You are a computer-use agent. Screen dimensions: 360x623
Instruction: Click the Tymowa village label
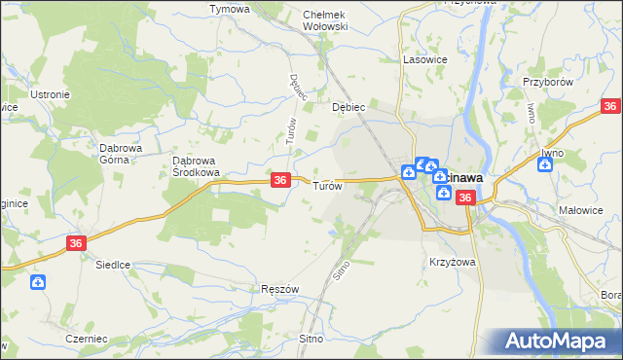tap(230, 9)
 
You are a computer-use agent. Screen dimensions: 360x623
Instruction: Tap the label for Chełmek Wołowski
tap(325, 20)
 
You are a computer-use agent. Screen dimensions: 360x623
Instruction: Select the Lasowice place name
tap(424, 59)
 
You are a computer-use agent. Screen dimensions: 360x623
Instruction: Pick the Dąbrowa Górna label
tap(123, 154)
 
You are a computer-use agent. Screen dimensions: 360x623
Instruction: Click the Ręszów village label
tap(279, 290)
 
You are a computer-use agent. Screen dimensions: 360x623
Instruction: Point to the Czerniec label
tap(86, 338)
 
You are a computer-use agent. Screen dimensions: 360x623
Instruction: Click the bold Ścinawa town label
tap(462, 178)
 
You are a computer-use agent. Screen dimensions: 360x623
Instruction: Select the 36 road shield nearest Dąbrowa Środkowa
tap(280, 180)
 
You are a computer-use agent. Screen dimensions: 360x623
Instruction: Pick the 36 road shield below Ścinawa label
tap(465, 198)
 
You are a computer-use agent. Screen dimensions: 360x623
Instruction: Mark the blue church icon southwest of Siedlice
tap(37, 283)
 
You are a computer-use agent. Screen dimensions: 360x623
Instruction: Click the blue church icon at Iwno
tap(546, 164)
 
